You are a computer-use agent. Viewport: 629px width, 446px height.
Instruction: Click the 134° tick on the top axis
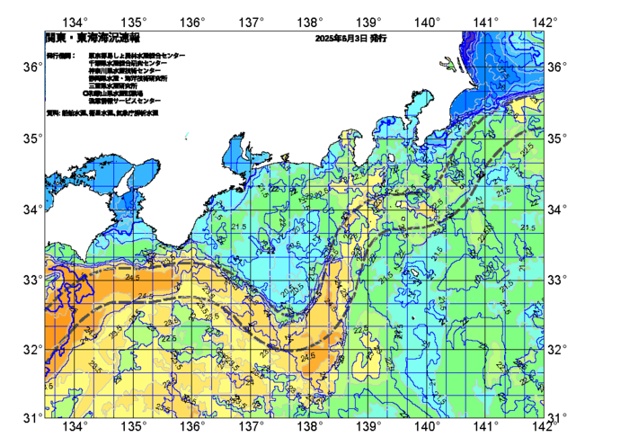76,22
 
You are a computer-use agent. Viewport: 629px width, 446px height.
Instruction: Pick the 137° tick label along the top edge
252,22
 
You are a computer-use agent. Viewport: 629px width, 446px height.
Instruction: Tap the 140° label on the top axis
427,22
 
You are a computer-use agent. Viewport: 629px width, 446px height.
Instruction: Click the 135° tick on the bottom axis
135,425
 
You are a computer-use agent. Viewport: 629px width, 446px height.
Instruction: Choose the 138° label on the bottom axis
310,425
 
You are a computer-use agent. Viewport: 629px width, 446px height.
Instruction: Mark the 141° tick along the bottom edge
486,425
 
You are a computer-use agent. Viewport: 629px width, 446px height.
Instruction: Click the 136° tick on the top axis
193,22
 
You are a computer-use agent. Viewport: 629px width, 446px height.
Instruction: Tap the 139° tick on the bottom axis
368,425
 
